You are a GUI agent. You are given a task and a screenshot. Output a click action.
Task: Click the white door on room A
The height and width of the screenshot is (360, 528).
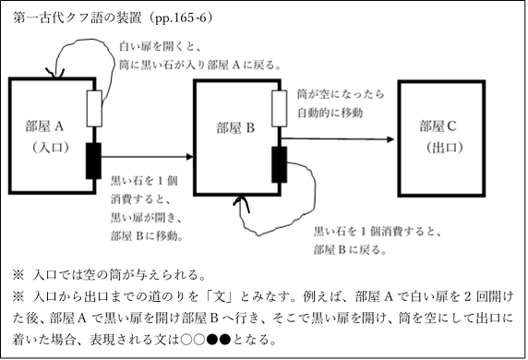click(93, 109)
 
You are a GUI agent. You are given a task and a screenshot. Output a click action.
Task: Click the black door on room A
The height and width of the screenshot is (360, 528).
click(93, 161)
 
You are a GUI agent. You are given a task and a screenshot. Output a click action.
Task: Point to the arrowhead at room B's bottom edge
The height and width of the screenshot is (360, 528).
click(243, 198)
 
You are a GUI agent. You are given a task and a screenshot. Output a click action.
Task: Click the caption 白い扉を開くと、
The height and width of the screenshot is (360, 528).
click(161, 46)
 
